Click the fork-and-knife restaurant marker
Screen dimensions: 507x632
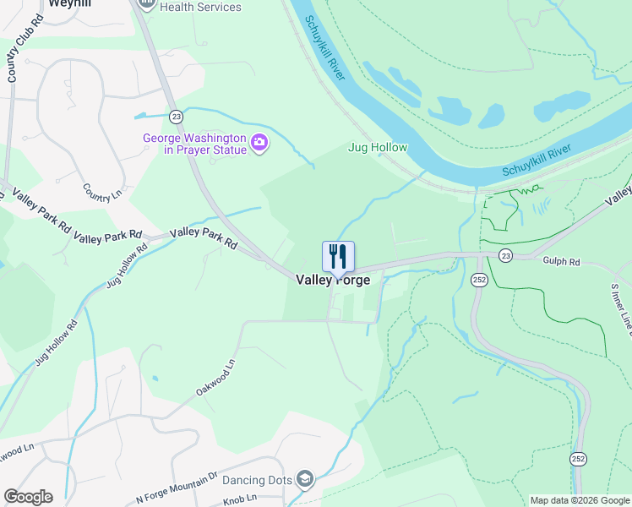[x=338, y=256]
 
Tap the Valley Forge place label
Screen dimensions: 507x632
[x=333, y=280]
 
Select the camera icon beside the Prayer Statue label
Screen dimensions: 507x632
[x=259, y=144]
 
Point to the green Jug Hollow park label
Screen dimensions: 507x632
[x=378, y=147]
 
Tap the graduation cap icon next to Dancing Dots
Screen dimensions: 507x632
[x=305, y=480]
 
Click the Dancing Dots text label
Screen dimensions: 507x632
[x=256, y=480]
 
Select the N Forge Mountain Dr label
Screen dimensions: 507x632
[x=177, y=488]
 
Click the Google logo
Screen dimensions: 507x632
[x=28, y=497]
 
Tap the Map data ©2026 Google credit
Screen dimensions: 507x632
[x=580, y=500]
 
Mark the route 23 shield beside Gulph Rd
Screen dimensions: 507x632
[x=505, y=254]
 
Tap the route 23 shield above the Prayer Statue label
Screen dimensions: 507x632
[x=175, y=116]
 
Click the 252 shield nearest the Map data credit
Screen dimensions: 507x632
[x=578, y=459]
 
